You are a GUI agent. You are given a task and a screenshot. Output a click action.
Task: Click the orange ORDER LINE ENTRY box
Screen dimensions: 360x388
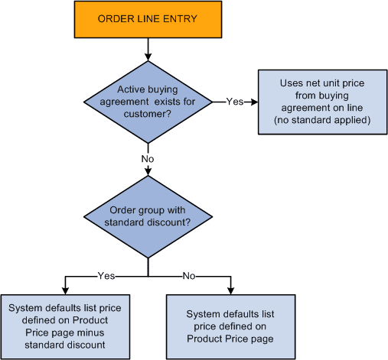[147, 18]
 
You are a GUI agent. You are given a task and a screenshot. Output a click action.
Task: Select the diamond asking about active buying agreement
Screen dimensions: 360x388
[147, 100]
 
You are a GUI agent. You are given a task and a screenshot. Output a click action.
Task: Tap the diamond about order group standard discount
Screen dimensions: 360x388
[147, 217]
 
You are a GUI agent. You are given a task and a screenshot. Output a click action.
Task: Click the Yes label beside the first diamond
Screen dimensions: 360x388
[235, 101]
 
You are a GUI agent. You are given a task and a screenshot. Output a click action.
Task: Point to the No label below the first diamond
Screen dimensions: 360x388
[147, 159]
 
